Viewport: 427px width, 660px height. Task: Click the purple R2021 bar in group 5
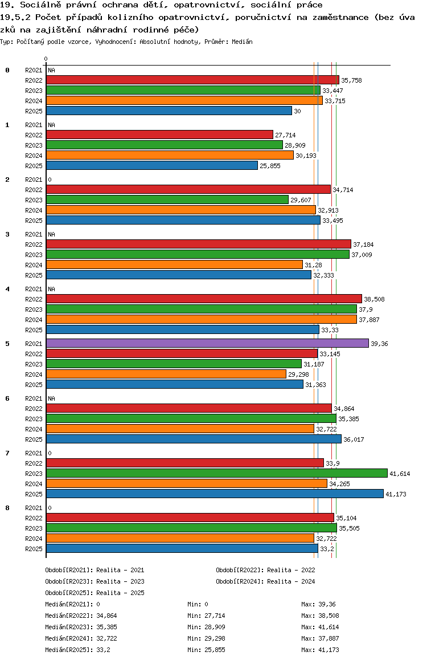pyautogui.click(x=207, y=343)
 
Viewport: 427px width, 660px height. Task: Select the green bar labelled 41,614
pyautogui.click(x=216, y=473)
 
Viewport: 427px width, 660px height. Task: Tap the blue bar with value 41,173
pyautogui.click(x=215, y=494)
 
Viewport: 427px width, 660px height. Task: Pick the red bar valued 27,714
pyautogui.click(x=159, y=135)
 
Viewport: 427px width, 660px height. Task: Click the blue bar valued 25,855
pyautogui.click(x=152, y=165)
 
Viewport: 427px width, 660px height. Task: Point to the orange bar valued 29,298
pyautogui.click(x=166, y=374)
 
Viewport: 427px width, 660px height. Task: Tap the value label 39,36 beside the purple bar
pyautogui.click(x=379, y=344)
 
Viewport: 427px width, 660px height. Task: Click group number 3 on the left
pyautogui.click(x=7, y=234)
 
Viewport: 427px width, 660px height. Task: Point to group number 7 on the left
pyautogui.click(x=7, y=453)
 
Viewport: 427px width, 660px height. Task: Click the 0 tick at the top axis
pyautogui.click(x=46, y=59)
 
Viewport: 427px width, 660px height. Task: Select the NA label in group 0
pyautogui.click(x=51, y=70)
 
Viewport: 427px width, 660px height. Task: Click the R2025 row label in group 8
pyautogui.click(x=34, y=549)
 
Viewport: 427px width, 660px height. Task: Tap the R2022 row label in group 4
pyautogui.click(x=34, y=299)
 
